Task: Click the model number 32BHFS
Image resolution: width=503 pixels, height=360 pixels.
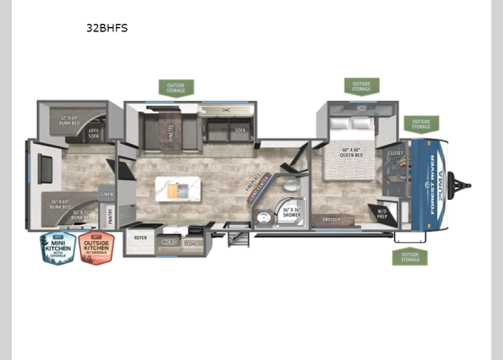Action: click(107, 28)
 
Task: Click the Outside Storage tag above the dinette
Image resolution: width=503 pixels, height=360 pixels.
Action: click(175, 87)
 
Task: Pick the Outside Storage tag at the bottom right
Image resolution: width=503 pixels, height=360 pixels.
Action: click(409, 256)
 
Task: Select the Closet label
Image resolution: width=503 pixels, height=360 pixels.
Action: click(396, 154)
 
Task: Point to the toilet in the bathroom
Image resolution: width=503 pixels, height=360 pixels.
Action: click(265, 217)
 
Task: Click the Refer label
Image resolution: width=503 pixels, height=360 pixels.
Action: click(140, 238)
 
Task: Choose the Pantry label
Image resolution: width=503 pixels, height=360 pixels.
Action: click(111, 214)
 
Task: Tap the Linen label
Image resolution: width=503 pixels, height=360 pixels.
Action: click(107, 193)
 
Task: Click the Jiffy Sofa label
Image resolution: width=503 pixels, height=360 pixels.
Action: click(94, 132)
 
